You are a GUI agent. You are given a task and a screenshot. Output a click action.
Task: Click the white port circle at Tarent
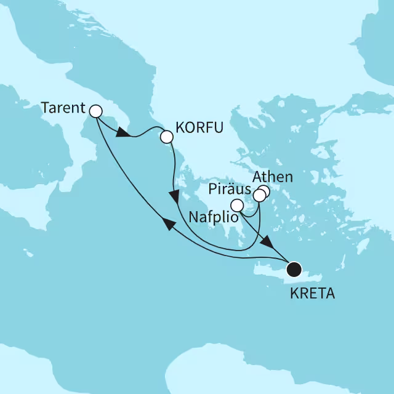pos(95,111)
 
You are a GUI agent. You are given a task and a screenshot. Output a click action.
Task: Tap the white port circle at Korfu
pos(166,137)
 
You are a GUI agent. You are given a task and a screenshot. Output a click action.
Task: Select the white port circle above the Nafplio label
pos(236,206)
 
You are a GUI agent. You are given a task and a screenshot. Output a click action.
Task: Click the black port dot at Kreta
pos(294,269)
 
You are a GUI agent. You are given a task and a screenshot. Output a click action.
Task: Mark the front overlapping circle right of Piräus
pos(259,196)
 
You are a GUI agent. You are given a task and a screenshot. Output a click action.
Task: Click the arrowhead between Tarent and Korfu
pos(123,134)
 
